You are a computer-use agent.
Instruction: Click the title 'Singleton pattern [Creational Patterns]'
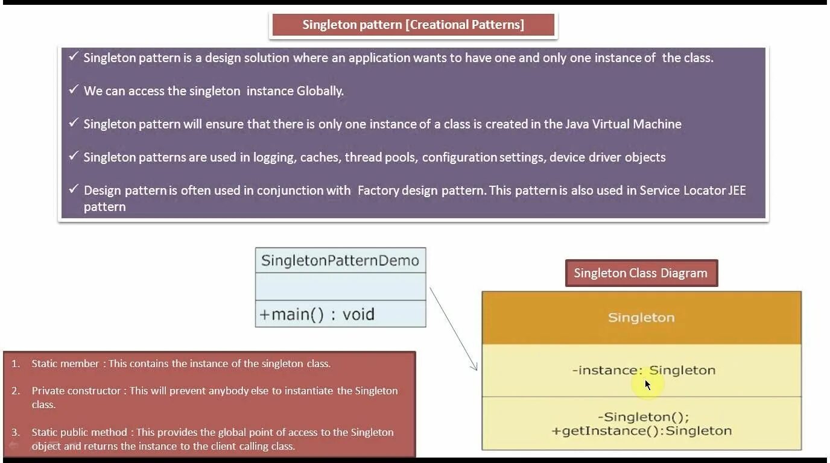click(x=413, y=25)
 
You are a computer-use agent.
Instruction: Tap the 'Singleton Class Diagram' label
click(x=641, y=273)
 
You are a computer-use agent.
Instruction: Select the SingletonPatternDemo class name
click(x=340, y=260)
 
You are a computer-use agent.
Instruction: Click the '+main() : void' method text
click(x=317, y=314)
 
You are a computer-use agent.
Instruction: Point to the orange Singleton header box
click(x=641, y=318)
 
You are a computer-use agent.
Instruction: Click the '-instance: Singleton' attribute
click(x=644, y=370)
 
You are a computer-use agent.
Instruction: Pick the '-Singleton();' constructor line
click(x=644, y=417)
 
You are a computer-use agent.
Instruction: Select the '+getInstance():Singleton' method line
click(x=641, y=431)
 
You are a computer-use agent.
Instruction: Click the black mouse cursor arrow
click(x=647, y=385)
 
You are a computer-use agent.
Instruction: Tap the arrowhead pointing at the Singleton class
click(x=475, y=367)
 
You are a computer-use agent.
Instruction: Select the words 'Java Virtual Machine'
click(x=623, y=124)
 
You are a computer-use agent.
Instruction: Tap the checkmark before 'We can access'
click(x=74, y=90)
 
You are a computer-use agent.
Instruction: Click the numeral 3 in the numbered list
click(x=15, y=432)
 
